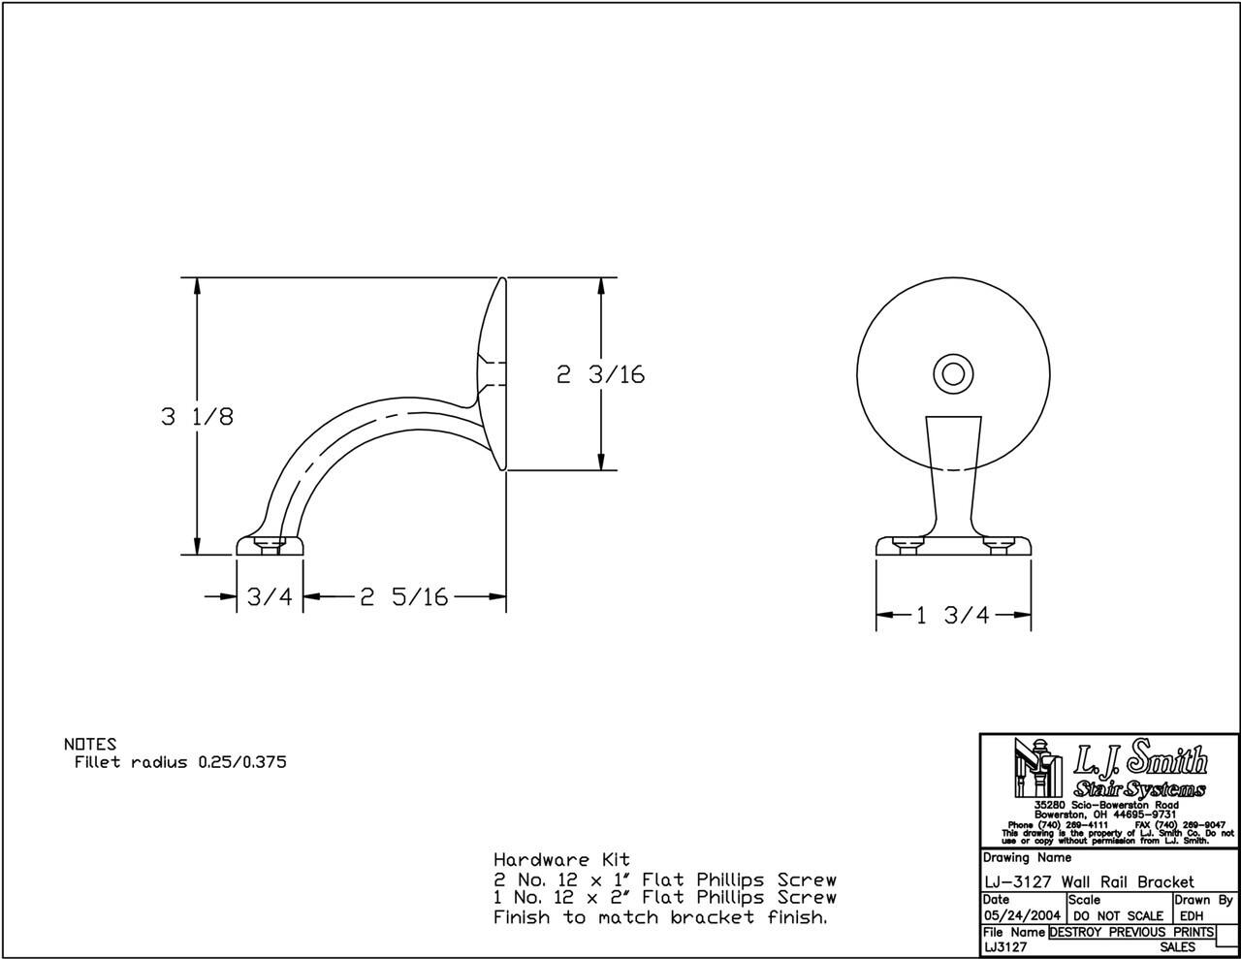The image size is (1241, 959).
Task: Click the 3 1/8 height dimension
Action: (197, 417)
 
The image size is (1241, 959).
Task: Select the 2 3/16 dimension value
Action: (600, 374)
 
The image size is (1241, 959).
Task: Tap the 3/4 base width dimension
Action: (269, 597)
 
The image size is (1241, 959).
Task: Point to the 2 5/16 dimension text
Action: (404, 597)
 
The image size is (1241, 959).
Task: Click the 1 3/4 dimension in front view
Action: (953, 615)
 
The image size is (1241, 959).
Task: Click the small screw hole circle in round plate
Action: (953, 374)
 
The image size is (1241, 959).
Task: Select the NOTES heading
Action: (89, 745)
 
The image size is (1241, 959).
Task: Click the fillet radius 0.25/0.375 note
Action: (180, 762)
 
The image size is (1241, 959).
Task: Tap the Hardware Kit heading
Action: (561, 859)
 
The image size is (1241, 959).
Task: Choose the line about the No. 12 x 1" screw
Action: (664, 879)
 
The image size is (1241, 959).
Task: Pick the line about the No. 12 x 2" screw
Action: (664, 898)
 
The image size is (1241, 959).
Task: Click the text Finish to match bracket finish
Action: (660, 917)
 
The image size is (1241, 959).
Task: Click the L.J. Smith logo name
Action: (1140, 760)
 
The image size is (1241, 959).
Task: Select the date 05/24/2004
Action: (1022, 915)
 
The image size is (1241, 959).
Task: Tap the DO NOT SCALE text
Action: (1118, 915)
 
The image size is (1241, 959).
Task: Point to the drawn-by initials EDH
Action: (1193, 915)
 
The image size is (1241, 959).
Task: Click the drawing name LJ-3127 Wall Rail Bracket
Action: (1088, 881)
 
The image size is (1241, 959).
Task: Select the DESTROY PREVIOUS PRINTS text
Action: (1130, 932)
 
